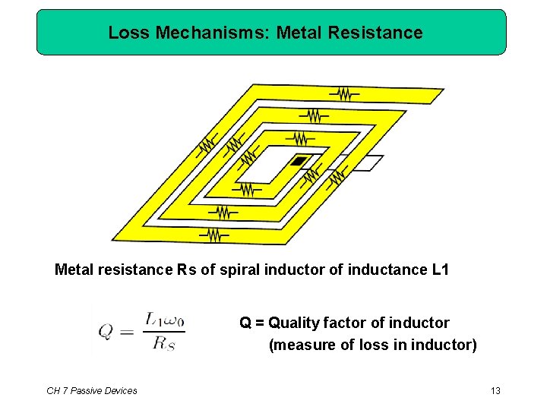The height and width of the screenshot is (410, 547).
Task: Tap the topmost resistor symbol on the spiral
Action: point(344,93)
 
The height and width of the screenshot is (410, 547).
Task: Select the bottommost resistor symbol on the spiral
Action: point(215,236)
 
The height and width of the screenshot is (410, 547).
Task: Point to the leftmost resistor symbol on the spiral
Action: point(207,144)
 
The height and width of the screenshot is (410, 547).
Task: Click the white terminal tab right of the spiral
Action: point(368,162)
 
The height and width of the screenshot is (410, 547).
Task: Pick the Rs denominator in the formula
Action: point(163,343)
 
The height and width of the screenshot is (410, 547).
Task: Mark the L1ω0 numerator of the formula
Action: point(163,320)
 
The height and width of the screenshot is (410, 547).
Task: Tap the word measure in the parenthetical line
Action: point(304,345)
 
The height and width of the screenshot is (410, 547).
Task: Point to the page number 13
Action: point(495,390)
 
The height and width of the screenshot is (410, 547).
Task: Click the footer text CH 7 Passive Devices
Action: point(92,390)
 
